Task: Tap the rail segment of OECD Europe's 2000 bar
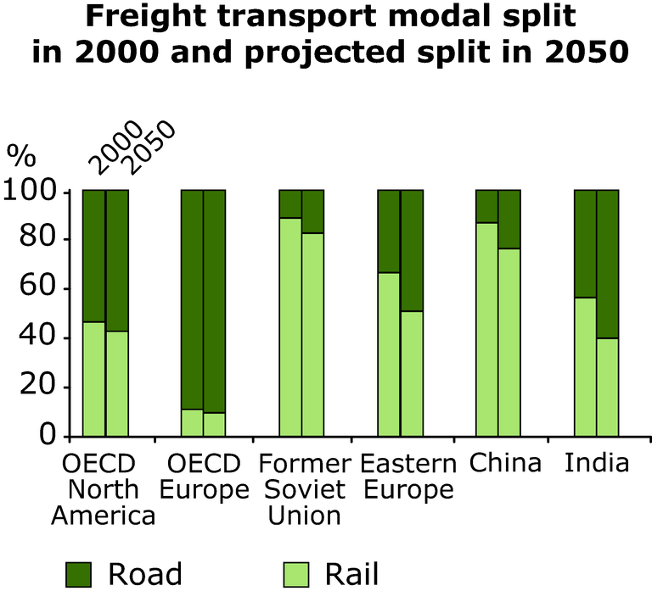pos(192,422)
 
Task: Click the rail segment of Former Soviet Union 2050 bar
pos(312,334)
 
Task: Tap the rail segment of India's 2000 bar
pos(585,366)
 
